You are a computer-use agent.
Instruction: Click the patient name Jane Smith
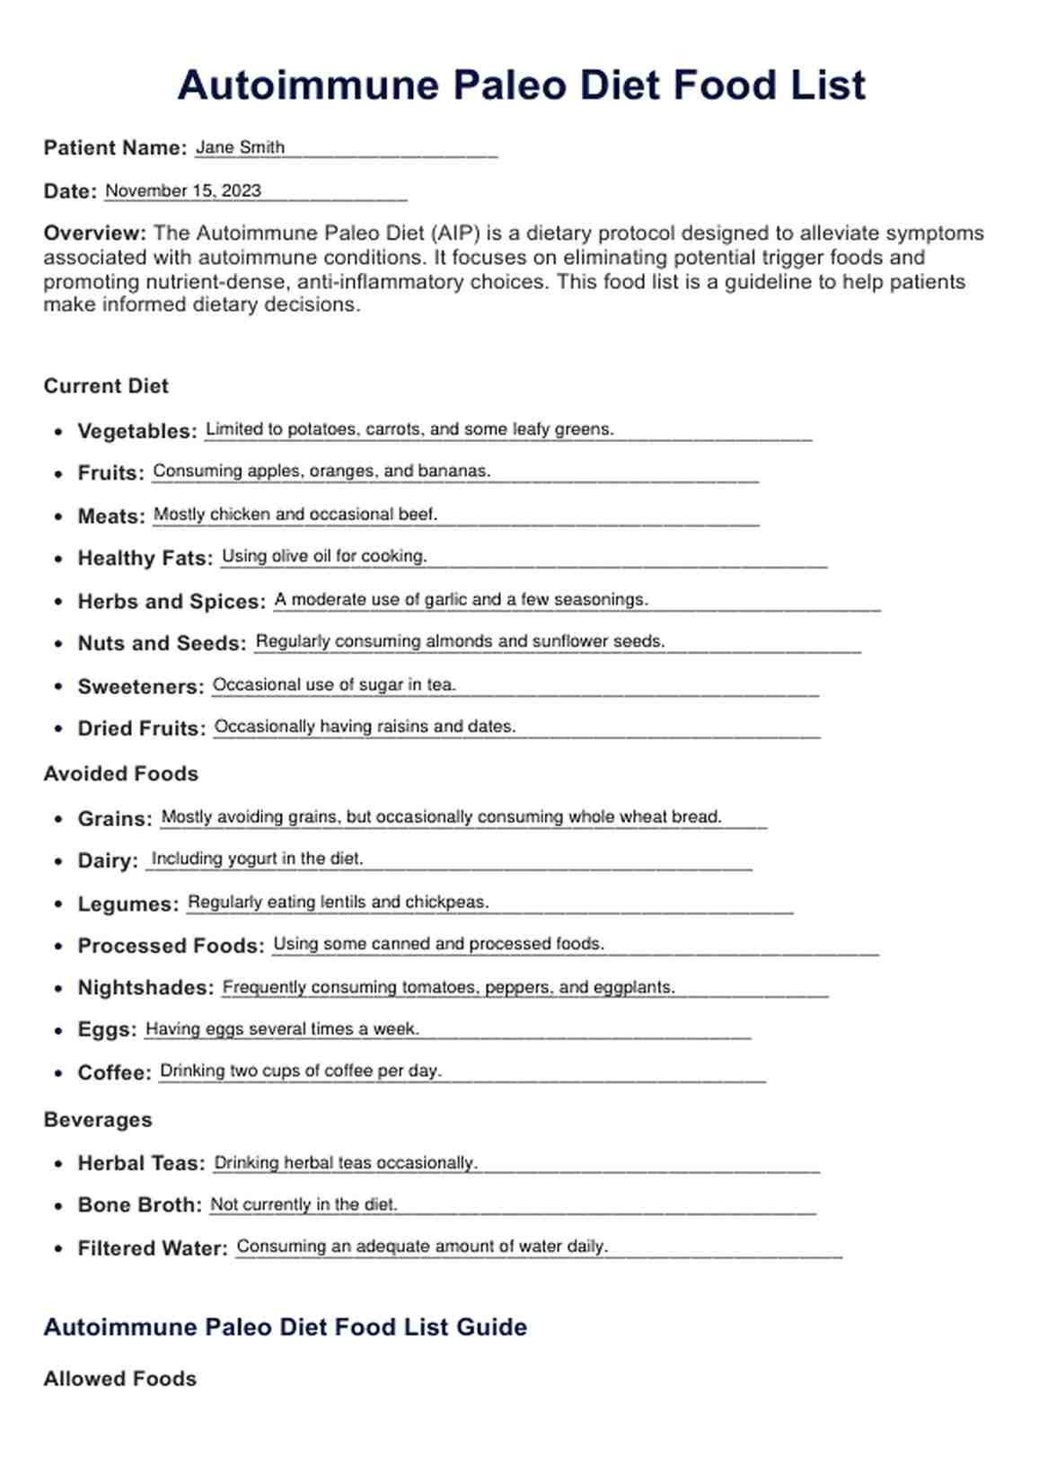pos(240,147)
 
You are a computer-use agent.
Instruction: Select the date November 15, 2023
pos(183,190)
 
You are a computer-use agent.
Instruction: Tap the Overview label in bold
pos(94,234)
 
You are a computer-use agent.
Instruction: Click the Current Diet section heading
pos(106,386)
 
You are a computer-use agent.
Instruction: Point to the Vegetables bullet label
pos(136,431)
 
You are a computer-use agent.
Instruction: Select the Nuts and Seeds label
pos(162,643)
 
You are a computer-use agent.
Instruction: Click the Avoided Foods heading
pos(120,774)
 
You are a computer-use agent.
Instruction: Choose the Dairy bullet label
pos(108,860)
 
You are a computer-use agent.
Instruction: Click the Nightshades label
pos(145,988)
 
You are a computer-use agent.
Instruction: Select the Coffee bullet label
pos(114,1072)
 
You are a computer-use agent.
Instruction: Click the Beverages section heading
pos(98,1120)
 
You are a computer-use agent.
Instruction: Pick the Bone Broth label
pos(140,1205)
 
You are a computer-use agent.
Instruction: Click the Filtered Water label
pos(153,1248)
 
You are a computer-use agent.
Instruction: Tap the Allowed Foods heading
pos(119,1379)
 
